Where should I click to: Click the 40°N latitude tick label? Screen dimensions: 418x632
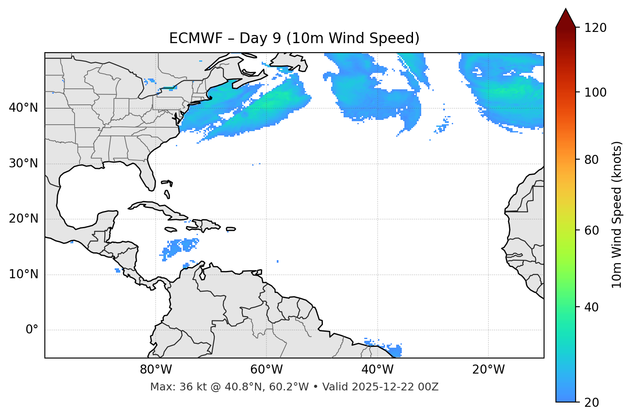(x=23, y=108)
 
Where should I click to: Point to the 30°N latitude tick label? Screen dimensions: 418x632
(x=23, y=163)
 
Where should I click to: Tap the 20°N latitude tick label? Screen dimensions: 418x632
(x=23, y=219)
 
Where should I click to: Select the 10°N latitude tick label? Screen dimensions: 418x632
(x=23, y=274)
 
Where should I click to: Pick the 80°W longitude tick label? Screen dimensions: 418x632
(x=156, y=370)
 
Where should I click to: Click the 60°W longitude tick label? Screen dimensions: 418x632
(x=266, y=370)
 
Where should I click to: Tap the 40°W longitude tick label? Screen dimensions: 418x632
(x=377, y=370)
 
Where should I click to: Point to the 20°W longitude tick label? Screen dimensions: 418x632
(x=488, y=370)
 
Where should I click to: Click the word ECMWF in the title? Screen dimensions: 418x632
(x=190, y=38)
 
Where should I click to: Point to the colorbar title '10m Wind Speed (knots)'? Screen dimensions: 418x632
(x=617, y=214)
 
